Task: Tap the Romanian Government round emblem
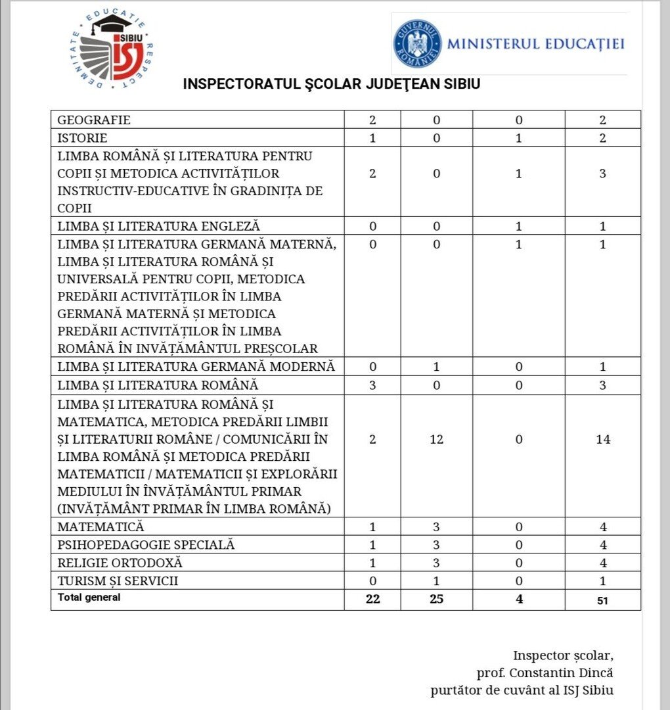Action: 417,43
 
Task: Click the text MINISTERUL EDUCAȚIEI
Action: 535,44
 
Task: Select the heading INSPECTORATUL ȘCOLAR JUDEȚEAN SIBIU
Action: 332,85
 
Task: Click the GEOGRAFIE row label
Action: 94,120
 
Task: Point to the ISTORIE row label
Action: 82,138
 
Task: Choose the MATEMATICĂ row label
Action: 100,527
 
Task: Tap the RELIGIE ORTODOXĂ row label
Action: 120,563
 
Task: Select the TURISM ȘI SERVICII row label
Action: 118,581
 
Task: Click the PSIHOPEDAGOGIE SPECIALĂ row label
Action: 146,545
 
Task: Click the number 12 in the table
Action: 436,439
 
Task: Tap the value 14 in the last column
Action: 602,439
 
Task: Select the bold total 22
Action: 372,599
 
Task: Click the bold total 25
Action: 436,599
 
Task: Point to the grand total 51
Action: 602,600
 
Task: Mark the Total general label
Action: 89,598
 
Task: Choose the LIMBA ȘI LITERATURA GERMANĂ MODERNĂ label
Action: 196,366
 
